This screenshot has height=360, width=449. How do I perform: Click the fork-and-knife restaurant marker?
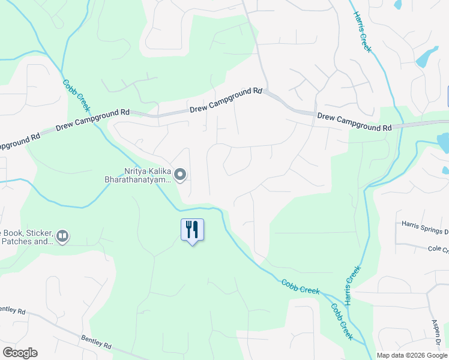pos(192,230)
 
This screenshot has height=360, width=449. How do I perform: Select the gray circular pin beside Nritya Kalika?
pos(181,175)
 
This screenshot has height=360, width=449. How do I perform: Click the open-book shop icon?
pos(63,237)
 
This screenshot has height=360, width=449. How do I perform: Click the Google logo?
pos(20,352)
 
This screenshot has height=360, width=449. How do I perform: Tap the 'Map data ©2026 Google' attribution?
pos(411,355)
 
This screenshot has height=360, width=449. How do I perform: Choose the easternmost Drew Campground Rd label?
pos(355,123)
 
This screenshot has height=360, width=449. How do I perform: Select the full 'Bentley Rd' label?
pos(96,343)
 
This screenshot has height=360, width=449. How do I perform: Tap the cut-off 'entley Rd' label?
pos(13,311)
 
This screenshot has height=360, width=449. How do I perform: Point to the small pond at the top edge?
pos(397,4)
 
